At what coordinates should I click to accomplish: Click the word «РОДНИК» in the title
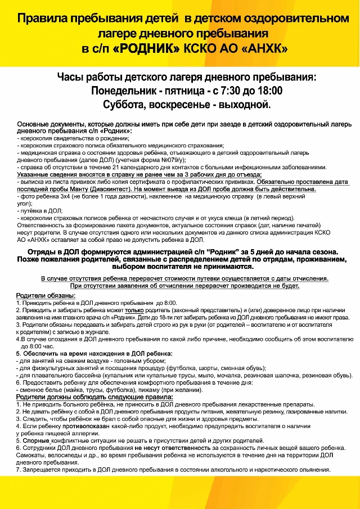147,49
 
